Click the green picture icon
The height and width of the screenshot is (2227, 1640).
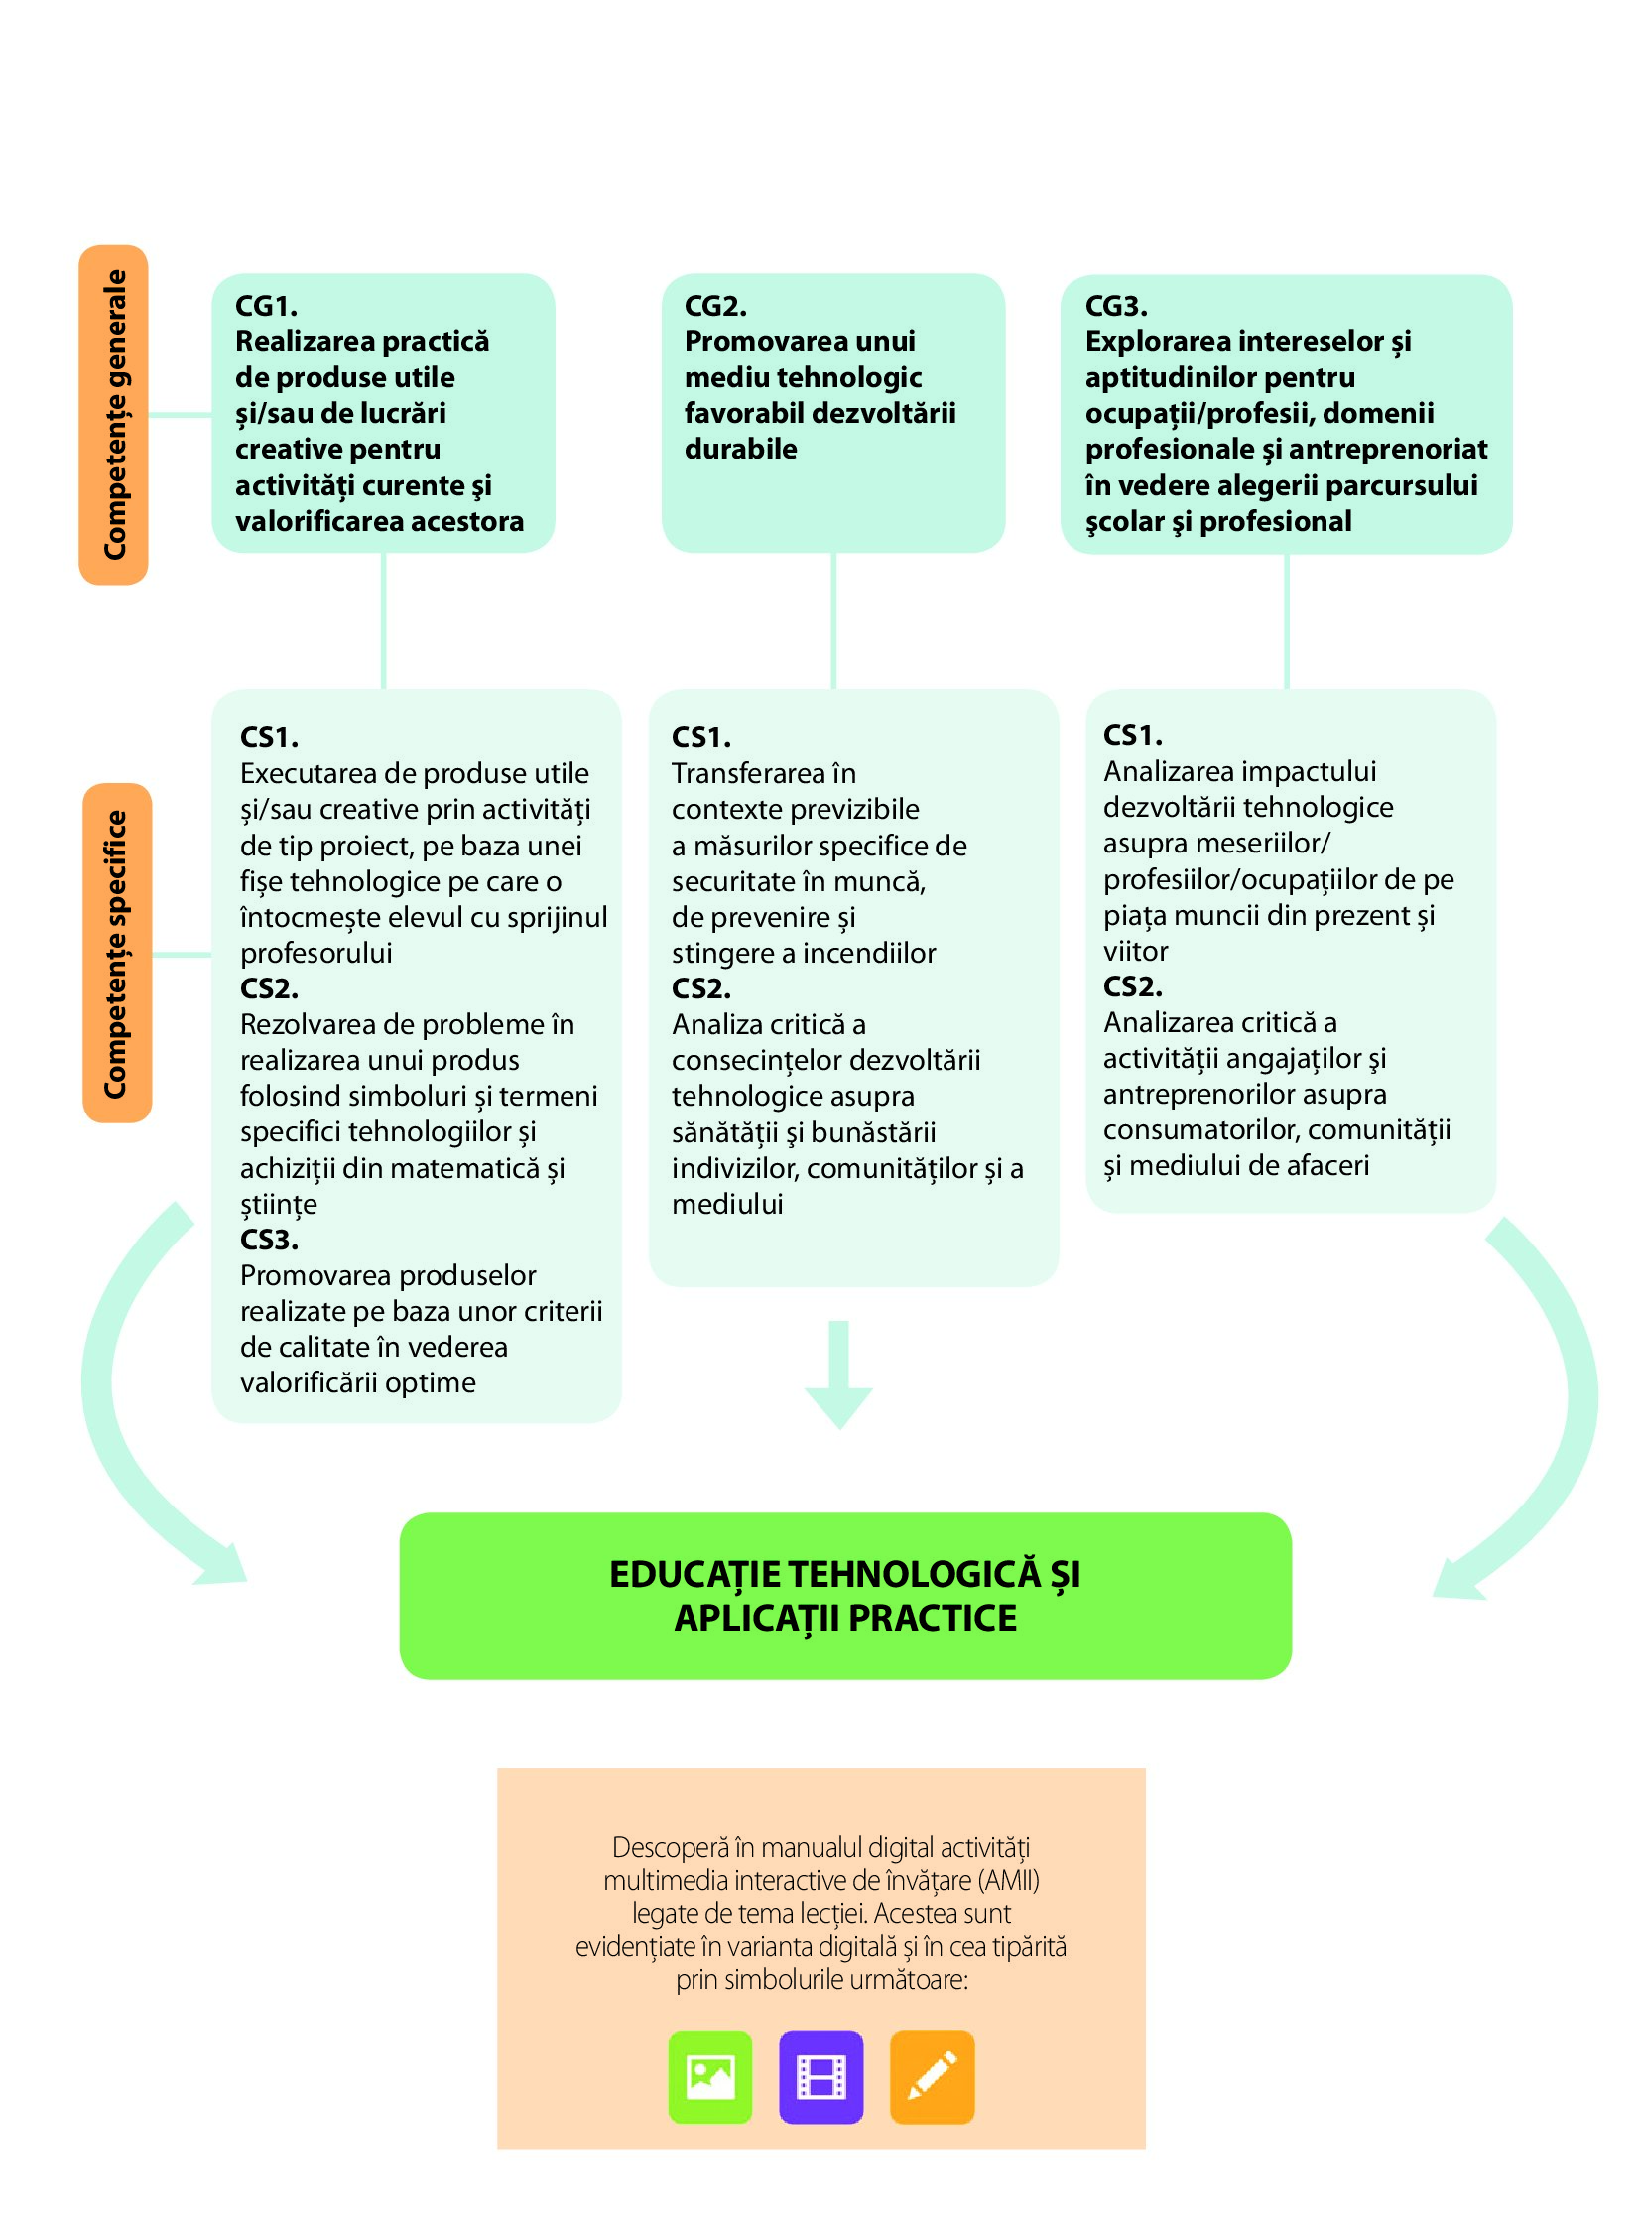coord(709,2076)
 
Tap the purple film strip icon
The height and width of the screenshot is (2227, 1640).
coord(821,2076)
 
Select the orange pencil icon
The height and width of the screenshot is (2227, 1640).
coord(932,2076)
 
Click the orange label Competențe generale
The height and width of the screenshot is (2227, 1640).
coord(114,414)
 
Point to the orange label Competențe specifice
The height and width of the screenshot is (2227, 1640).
coord(117,953)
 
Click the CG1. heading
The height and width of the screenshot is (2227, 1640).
coord(266,306)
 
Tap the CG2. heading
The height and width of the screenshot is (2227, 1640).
coord(714,306)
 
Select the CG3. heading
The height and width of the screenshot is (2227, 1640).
coord(1116,306)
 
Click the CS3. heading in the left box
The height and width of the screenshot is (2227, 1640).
coord(269,1240)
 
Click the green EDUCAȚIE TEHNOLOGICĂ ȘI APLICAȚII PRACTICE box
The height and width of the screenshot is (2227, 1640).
coord(845,1596)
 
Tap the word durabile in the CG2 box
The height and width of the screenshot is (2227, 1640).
coord(740,449)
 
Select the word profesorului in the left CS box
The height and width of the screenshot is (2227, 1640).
coord(315,953)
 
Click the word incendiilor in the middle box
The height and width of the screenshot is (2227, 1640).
coord(874,953)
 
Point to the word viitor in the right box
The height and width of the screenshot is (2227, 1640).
coord(1135,951)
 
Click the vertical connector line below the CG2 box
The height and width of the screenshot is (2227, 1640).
coord(833,620)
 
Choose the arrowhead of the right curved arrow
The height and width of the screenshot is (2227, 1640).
coord(1455,1579)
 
